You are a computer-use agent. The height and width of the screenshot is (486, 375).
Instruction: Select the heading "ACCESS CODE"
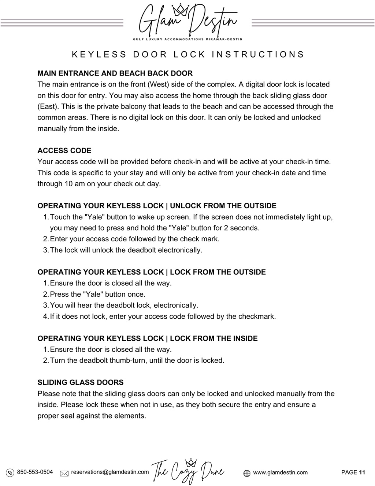click(64, 151)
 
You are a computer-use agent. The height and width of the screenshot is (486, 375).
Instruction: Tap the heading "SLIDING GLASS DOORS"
click(81, 383)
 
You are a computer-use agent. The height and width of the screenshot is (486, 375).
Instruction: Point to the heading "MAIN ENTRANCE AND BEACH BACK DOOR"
click(115, 73)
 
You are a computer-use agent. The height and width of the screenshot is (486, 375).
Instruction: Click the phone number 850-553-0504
click(35, 472)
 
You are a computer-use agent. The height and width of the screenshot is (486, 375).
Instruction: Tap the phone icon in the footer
click(10, 473)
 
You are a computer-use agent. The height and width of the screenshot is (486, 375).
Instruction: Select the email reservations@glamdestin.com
click(110, 472)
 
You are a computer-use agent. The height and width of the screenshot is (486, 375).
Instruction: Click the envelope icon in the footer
click(64, 473)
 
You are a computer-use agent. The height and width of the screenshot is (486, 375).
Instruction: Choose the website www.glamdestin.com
click(280, 472)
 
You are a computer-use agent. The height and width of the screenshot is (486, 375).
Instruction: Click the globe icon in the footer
click(247, 473)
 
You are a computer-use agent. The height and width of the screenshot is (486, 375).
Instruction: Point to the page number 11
click(362, 472)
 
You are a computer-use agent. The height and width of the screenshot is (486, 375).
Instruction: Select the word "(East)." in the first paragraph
click(48, 107)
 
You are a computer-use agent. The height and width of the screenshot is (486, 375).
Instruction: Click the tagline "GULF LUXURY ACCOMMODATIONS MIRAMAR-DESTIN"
click(187, 39)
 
